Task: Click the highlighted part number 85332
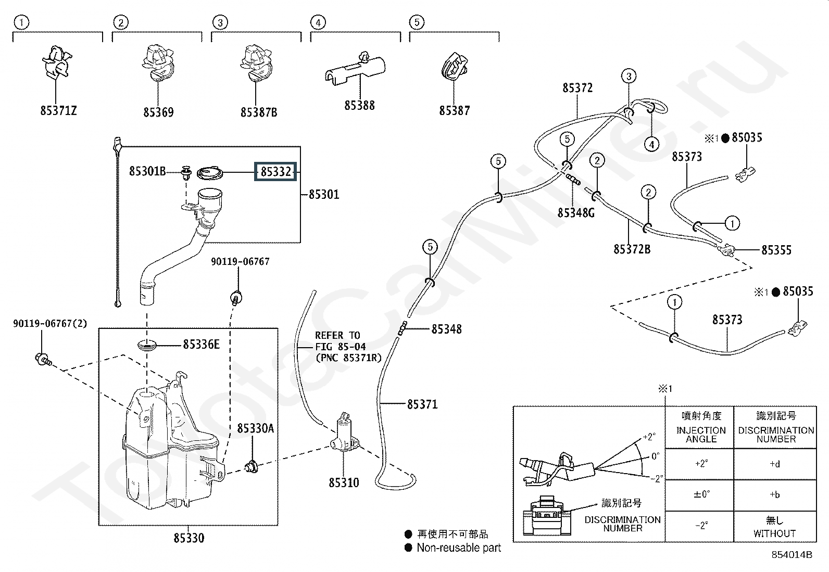[275, 172]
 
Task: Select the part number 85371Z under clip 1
[58, 110]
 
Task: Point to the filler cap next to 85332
[210, 173]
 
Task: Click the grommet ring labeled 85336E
[147, 346]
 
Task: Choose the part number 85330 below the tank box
[189, 538]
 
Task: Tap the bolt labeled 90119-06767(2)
[43, 359]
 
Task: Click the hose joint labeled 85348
[403, 328]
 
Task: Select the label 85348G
[576, 213]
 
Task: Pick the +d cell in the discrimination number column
[775, 464]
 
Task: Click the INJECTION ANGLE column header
[701, 435]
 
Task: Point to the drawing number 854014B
[792, 555]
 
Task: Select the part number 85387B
[259, 112]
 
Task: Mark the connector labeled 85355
[726, 250]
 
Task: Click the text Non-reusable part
[459, 548]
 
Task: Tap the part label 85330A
[255, 428]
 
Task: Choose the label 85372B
[632, 249]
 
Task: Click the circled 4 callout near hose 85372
[652, 144]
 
